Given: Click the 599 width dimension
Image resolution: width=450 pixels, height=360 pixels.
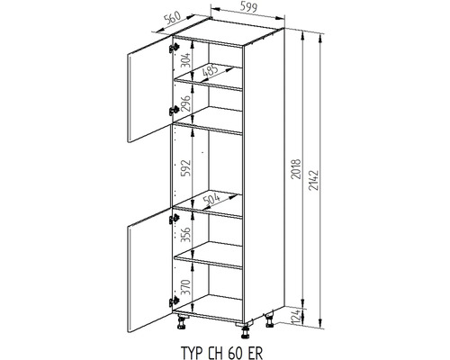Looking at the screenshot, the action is pos(248,6).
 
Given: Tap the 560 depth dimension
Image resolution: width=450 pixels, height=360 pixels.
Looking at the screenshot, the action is pos(173,18).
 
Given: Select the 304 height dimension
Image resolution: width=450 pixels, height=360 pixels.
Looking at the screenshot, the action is pos(186,59).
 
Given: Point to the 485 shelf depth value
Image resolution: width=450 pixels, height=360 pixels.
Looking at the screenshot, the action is pos(211,71).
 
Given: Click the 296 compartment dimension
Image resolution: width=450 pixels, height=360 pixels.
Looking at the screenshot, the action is pos(186,103).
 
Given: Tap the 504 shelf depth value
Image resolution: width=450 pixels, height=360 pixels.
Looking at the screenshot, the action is pos(211,199).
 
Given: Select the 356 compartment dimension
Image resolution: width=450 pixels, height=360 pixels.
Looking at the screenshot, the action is pos(186,235).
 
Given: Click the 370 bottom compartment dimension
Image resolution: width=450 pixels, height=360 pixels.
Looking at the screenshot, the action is pos(186,287).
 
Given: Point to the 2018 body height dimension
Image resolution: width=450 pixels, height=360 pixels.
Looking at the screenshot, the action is pos(296,169).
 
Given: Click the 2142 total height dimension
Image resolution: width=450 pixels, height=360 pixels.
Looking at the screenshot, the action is pos(313,181).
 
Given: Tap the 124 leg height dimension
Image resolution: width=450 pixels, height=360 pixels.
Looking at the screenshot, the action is pos(296,317).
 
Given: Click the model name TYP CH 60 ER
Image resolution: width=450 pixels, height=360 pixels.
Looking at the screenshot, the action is pos(222,353).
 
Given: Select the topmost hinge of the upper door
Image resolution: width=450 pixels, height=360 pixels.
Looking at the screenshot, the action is pos(174,48).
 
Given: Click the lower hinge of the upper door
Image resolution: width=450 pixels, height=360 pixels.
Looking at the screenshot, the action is pos(174,111).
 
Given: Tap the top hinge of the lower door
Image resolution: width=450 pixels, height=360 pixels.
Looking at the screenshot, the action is pos(174,219).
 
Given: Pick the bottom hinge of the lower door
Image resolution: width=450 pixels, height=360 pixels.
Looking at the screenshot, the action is pos(174,301).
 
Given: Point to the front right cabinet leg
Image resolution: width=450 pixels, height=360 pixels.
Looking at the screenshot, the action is pos(246,332).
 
